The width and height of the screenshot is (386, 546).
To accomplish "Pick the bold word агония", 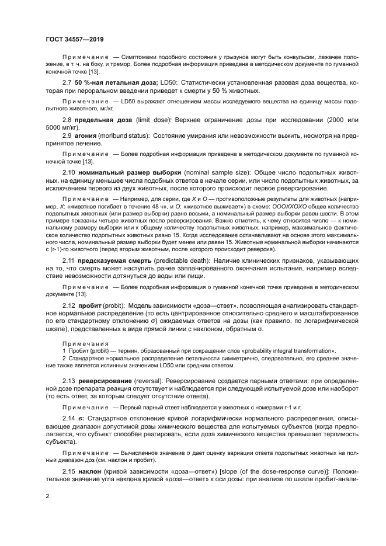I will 86,135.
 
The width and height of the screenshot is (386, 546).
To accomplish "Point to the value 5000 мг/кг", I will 62,126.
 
